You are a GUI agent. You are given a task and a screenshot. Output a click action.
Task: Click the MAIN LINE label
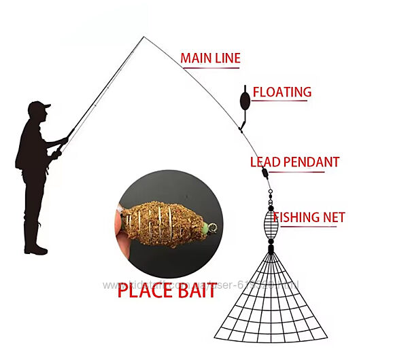point(210,58)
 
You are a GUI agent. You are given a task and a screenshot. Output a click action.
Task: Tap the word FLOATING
point(282,92)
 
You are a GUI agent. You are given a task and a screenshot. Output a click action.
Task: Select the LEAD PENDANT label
point(294,162)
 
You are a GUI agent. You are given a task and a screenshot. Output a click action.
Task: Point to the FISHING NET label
point(309,217)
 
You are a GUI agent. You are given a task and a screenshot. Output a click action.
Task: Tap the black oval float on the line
point(244,101)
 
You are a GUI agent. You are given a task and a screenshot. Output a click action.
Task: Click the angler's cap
point(39,107)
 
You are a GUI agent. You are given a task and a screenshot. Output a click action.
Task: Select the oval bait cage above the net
point(271,224)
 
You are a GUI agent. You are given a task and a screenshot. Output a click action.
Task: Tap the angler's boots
point(34,249)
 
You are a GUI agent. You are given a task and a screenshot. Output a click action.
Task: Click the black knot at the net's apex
point(271,249)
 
